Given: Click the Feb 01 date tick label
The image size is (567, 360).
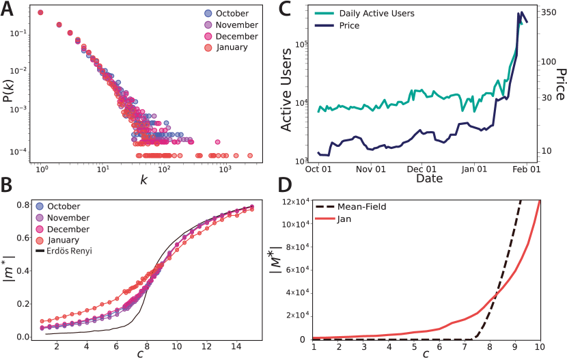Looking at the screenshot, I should tap(527, 168).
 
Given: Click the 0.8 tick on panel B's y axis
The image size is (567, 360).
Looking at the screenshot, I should tap(24, 205).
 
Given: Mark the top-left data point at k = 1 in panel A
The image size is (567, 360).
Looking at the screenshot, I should tap(41, 12).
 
